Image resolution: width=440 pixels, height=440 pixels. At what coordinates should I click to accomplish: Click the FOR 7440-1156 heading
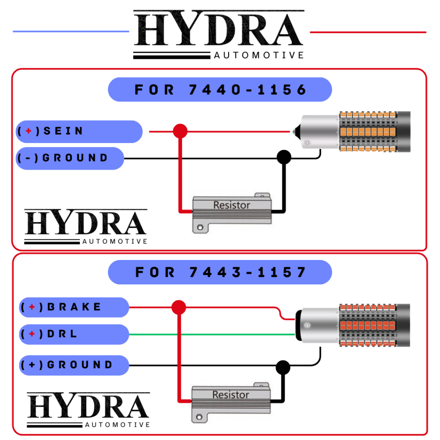click(220, 89)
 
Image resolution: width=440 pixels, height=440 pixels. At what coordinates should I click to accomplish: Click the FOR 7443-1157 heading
click(220, 272)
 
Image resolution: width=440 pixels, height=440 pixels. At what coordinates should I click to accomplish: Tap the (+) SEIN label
click(79, 131)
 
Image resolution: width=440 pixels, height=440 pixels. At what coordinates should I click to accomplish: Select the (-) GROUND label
click(70, 158)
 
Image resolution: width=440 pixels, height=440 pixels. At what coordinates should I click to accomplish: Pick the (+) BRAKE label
click(74, 307)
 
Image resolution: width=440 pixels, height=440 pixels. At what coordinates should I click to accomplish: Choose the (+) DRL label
click(74, 334)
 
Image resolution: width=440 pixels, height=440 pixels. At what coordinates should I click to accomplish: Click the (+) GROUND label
click(74, 365)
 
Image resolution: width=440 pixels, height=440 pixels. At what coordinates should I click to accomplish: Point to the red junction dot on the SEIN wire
click(180, 131)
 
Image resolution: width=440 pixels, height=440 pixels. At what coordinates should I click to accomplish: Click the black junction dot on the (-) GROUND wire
click(284, 157)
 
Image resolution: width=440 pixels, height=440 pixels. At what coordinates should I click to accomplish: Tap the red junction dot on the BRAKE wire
click(178, 307)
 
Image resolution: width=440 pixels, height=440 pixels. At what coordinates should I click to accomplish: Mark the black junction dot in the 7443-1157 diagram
click(283, 367)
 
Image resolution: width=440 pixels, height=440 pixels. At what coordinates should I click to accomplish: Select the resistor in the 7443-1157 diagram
click(231, 400)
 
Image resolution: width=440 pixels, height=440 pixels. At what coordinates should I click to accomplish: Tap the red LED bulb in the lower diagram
click(353, 326)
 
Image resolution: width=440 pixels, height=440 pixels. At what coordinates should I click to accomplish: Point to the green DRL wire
click(215, 334)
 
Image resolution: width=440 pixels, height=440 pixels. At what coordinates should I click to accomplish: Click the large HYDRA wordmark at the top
click(218, 29)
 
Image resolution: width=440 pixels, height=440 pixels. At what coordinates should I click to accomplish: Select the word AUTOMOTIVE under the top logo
click(259, 55)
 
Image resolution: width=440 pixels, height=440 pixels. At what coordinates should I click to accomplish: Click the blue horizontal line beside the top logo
click(71, 31)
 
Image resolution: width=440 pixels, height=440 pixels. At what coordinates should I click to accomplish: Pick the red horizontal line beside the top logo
click(368, 32)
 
